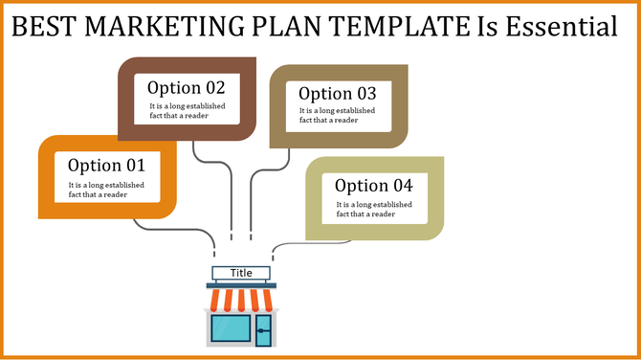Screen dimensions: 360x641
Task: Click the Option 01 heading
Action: click(106, 165)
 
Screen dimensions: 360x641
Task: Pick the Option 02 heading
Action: click(187, 87)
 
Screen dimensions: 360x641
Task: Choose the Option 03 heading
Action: click(338, 94)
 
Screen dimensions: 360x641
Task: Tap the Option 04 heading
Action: click(374, 186)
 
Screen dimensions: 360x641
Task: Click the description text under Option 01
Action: click(106, 190)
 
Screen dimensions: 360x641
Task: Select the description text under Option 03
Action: click(338, 116)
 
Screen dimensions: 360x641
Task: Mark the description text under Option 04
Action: click(374, 209)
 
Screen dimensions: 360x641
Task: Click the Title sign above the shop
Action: click(241, 273)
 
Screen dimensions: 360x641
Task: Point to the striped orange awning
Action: click(241, 302)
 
